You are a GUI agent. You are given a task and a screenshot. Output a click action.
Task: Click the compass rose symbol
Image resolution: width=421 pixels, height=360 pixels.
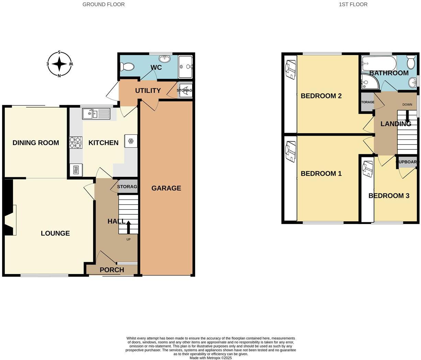(x=59, y=64)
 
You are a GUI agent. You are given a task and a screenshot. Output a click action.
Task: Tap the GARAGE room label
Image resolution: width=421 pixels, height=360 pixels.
(x=166, y=188)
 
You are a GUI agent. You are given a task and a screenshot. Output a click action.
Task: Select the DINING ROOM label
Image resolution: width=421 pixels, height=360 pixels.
(x=36, y=143)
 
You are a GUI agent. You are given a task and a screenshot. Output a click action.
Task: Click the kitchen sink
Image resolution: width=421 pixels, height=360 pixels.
(x=96, y=113)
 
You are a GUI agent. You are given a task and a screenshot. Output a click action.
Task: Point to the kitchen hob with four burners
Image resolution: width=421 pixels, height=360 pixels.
(x=76, y=143)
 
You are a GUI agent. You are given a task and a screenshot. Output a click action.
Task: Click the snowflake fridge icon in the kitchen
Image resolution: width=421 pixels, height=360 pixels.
(x=131, y=141)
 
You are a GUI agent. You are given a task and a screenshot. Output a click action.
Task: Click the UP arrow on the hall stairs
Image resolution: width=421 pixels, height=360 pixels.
(x=129, y=227)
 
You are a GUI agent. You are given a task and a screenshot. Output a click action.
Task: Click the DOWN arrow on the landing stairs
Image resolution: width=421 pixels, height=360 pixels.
(x=407, y=117)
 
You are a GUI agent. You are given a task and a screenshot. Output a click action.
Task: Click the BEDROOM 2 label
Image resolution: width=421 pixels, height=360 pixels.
(x=321, y=96)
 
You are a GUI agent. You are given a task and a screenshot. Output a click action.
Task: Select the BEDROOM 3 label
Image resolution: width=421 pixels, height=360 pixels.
(x=389, y=196)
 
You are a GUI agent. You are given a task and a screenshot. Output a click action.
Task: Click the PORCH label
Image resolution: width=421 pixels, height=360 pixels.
(x=112, y=270)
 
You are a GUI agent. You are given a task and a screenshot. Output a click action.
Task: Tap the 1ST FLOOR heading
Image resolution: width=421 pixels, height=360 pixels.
(x=353, y=4)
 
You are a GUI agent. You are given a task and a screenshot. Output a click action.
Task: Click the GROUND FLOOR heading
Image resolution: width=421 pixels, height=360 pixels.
(x=103, y=4)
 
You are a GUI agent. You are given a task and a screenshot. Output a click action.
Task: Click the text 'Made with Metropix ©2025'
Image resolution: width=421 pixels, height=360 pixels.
(x=211, y=358)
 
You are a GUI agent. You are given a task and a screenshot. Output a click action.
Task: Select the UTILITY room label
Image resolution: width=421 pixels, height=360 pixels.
(x=148, y=91)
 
